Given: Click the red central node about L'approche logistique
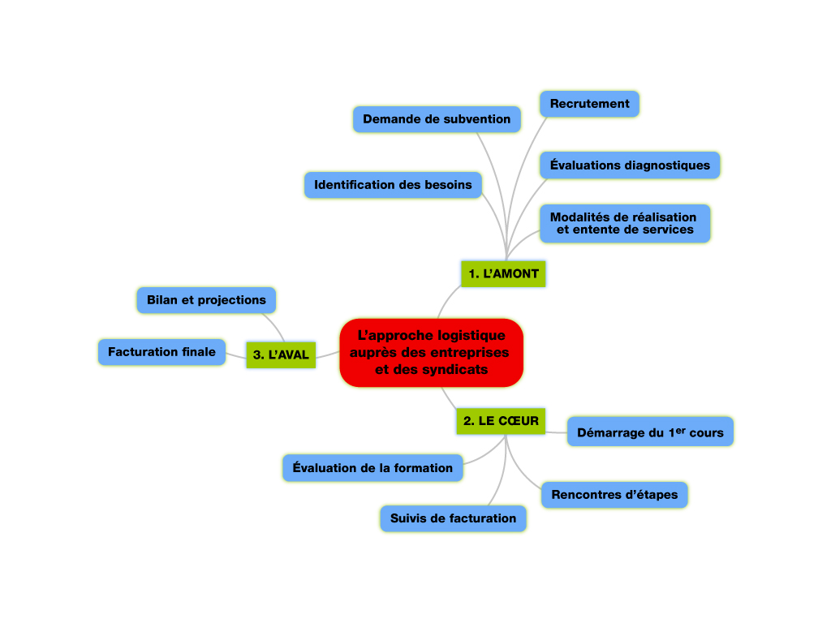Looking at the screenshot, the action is [x=432, y=353].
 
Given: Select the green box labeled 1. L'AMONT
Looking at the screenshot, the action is [x=503, y=274].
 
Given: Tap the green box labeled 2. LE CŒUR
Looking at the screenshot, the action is [x=501, y=421].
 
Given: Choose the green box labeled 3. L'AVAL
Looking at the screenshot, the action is [x=281, y=354].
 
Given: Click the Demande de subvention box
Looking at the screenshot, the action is [x=437, y=119].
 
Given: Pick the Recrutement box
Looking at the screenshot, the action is [x=589, y=104].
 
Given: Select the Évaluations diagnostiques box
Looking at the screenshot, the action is [x=630, y=165].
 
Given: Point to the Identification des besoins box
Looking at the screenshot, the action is [x=393, y=185].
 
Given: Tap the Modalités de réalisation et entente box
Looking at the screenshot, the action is [x=625, y=224].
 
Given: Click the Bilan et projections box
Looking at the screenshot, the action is [x=206, y=300].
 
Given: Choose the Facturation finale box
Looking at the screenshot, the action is [x=161, y=352].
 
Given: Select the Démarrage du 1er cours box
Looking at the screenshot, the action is [x=650, y=432].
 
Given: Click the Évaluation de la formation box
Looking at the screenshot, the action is [x=372, y=468].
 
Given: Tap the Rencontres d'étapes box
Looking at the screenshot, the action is [x=614, y=495].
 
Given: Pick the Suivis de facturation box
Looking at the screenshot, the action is [x=453, y=518].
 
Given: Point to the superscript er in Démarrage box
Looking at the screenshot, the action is [x=681, y=430].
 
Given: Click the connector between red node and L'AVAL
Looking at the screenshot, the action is [x=328, y=355].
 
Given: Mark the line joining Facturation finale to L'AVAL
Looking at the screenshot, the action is [x=236, y=355].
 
